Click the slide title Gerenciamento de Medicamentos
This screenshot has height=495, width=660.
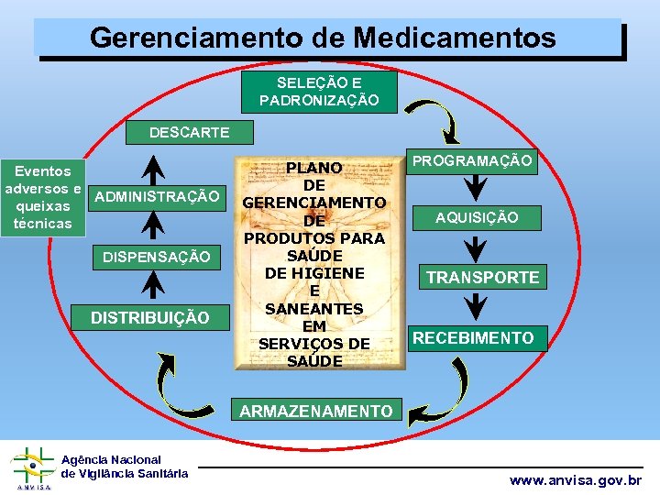[x=323, y=38]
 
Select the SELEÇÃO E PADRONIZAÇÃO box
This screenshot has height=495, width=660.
[x=318, y=92]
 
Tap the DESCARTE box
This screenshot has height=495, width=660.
[x=189, y=133]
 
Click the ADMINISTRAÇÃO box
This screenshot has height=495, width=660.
[x=157, y=196]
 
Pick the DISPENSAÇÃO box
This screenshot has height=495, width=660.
[x=156, y=258]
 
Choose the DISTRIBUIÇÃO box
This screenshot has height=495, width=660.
[x=149, y=318]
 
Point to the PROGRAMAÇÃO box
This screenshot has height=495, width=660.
[x=472, y=161]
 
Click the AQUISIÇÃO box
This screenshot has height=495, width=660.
[x=477, y=217]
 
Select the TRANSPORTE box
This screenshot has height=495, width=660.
[x=482, y=277]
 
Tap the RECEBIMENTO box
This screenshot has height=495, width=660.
[x=472, y=338]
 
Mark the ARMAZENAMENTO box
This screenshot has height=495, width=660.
[x=315, y=412]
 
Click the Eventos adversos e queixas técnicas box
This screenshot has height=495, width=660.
[x=43, y=197]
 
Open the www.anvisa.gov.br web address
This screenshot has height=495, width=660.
[x=576, y=479]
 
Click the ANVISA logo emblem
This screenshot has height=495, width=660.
[x=32, y=468]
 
